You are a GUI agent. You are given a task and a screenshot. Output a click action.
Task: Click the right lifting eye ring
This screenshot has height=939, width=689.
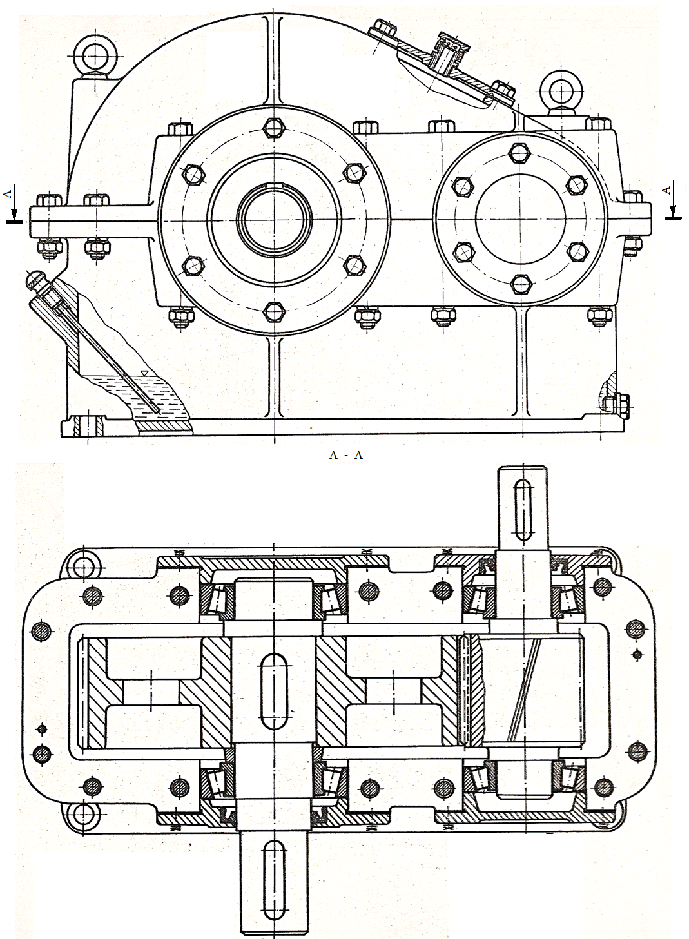[x=558, y=88]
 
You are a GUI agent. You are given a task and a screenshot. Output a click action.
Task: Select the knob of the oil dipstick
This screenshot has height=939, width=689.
[x=33, y=280]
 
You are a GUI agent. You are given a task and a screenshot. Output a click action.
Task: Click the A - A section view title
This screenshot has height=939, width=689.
[x=345, y=455]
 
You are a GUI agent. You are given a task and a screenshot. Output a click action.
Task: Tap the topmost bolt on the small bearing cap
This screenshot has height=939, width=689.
[x=519, y=153]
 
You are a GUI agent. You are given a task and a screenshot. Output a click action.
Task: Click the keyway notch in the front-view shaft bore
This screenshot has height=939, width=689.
[x=274, y=188]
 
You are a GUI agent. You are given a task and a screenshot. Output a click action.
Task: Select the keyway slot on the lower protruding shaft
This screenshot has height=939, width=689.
[x=273, y=884]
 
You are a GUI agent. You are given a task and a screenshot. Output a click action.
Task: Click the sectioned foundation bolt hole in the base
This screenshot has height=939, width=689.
[x=88, y=426]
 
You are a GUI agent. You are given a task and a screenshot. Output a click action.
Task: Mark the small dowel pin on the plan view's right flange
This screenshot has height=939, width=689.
[x=637, y=655]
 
